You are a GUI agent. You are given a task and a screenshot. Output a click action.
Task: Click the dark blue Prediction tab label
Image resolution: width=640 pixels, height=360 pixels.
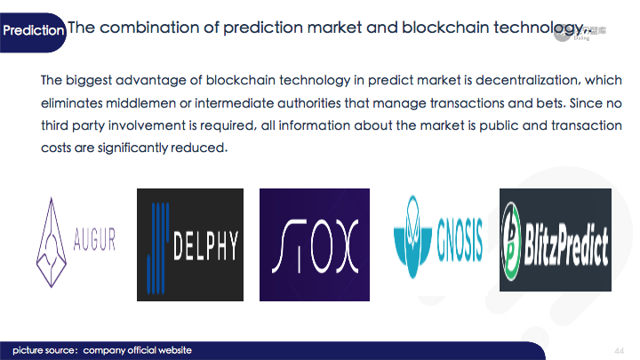pos(33,30)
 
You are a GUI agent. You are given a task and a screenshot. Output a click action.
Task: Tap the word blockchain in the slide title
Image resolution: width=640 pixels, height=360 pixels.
pos(445,28)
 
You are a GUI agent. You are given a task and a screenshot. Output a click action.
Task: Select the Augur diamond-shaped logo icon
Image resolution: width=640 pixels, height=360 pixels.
pos(52,243)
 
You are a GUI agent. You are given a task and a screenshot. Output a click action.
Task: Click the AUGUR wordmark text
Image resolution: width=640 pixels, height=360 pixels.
pos(94,239)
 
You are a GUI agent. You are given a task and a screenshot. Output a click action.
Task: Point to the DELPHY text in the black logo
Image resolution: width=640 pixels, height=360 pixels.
pos(205,245)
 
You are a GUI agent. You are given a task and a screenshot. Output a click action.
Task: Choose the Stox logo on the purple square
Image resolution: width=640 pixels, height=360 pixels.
pos(315,245)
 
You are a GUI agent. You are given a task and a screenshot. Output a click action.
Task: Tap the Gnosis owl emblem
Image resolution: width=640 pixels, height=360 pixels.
pos(412,236)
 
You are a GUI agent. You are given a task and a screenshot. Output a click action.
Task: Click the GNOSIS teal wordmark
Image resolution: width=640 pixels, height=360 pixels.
pos(460,240)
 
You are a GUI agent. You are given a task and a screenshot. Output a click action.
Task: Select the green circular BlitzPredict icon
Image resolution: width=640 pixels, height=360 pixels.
pos(510,242)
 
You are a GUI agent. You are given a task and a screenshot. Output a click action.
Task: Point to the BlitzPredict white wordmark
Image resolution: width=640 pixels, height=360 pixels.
pos(566,245)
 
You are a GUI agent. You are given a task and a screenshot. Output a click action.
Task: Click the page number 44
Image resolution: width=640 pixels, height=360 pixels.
pos(620,350)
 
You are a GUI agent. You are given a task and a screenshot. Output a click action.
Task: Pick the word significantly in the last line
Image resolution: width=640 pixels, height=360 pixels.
pos(132,148)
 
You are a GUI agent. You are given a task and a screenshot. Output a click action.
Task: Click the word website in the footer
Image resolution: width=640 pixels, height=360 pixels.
pos(175,350)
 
